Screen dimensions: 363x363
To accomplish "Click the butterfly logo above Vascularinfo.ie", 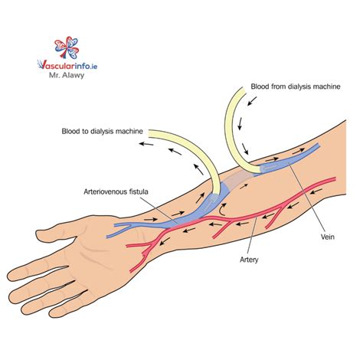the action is [67, 47].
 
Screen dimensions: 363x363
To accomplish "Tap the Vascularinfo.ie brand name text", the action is [67, 65].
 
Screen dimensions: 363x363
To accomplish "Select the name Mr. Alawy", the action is [67, 76].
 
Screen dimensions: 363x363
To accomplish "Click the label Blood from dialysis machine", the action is [296, 87].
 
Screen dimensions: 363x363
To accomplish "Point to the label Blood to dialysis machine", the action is [102, 131].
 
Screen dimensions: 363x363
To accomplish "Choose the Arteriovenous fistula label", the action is [116, 191].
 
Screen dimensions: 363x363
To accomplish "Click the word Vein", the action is [328, 237].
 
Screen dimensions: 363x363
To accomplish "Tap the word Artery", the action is [249, 260].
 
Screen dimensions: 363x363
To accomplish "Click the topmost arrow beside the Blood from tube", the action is [252, 101].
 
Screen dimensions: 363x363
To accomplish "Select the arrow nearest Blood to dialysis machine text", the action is [146, 144].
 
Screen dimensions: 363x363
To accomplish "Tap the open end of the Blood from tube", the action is [243, 90].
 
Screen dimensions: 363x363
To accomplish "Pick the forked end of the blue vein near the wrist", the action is [122, 229].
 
